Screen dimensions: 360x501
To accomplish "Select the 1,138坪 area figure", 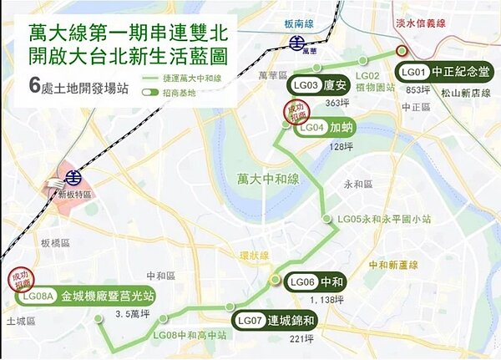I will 326,298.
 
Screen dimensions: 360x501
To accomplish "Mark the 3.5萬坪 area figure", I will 133,316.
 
